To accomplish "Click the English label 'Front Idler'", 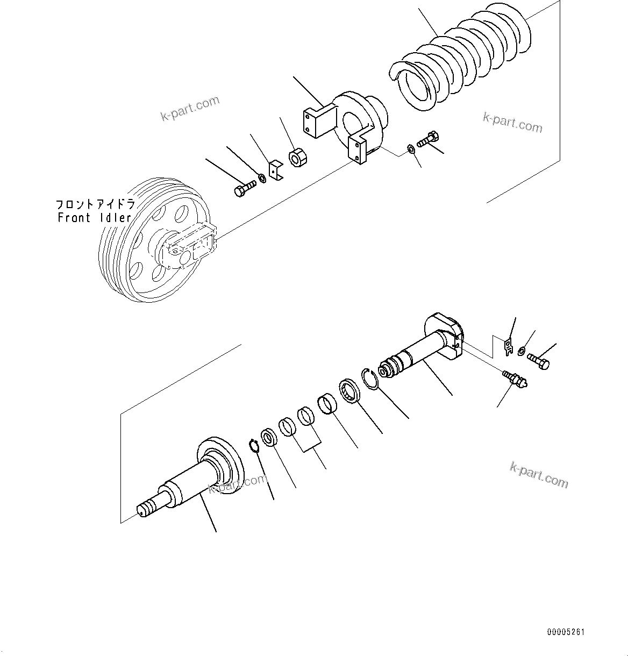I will (x=95, y=218).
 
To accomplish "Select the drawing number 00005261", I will (x=566, y=632).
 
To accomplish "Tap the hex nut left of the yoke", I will (x=297, y=159).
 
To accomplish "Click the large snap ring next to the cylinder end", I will (x=370, y=378).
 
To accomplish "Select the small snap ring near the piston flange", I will (x=254, y=446).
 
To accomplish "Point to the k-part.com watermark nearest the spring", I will (x=512, y=123).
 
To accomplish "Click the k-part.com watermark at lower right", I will (x=538, y=475).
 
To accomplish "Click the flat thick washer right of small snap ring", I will (x=269, y=438).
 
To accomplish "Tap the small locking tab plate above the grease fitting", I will (x=508, y=346).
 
